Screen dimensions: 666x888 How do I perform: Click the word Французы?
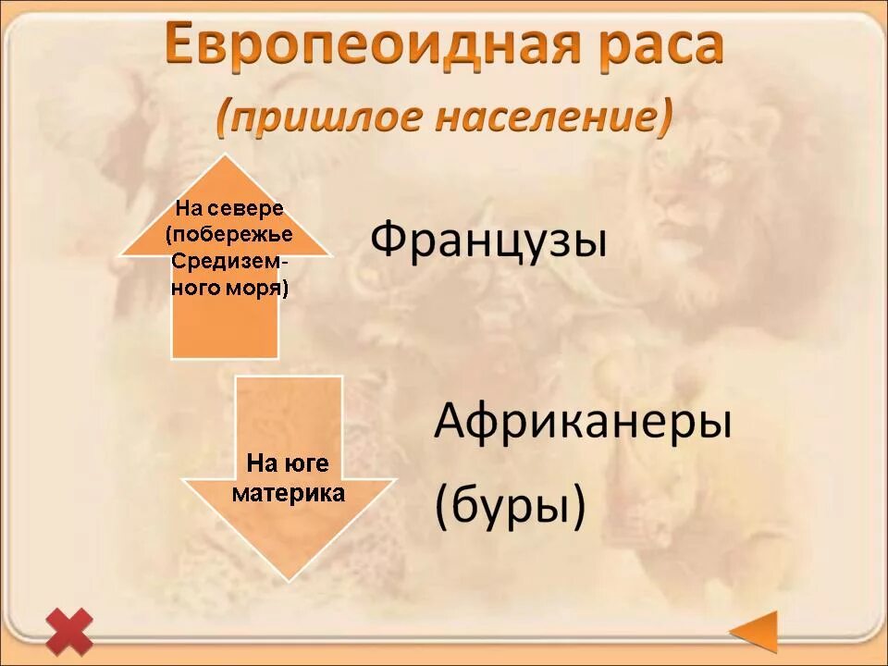(x=488, y=241)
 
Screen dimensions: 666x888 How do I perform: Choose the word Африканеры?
(x=583, y=423)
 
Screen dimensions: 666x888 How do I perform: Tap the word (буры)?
(x=510, y=506)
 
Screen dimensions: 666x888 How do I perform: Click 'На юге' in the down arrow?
(x=287, y=463)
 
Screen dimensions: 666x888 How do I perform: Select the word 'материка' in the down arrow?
(x=288, y=493)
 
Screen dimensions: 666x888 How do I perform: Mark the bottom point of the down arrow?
(x=289, y=578)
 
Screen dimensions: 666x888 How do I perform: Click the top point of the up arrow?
(x=225, y=157)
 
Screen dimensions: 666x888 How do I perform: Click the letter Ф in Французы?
(x=388, y=241)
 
